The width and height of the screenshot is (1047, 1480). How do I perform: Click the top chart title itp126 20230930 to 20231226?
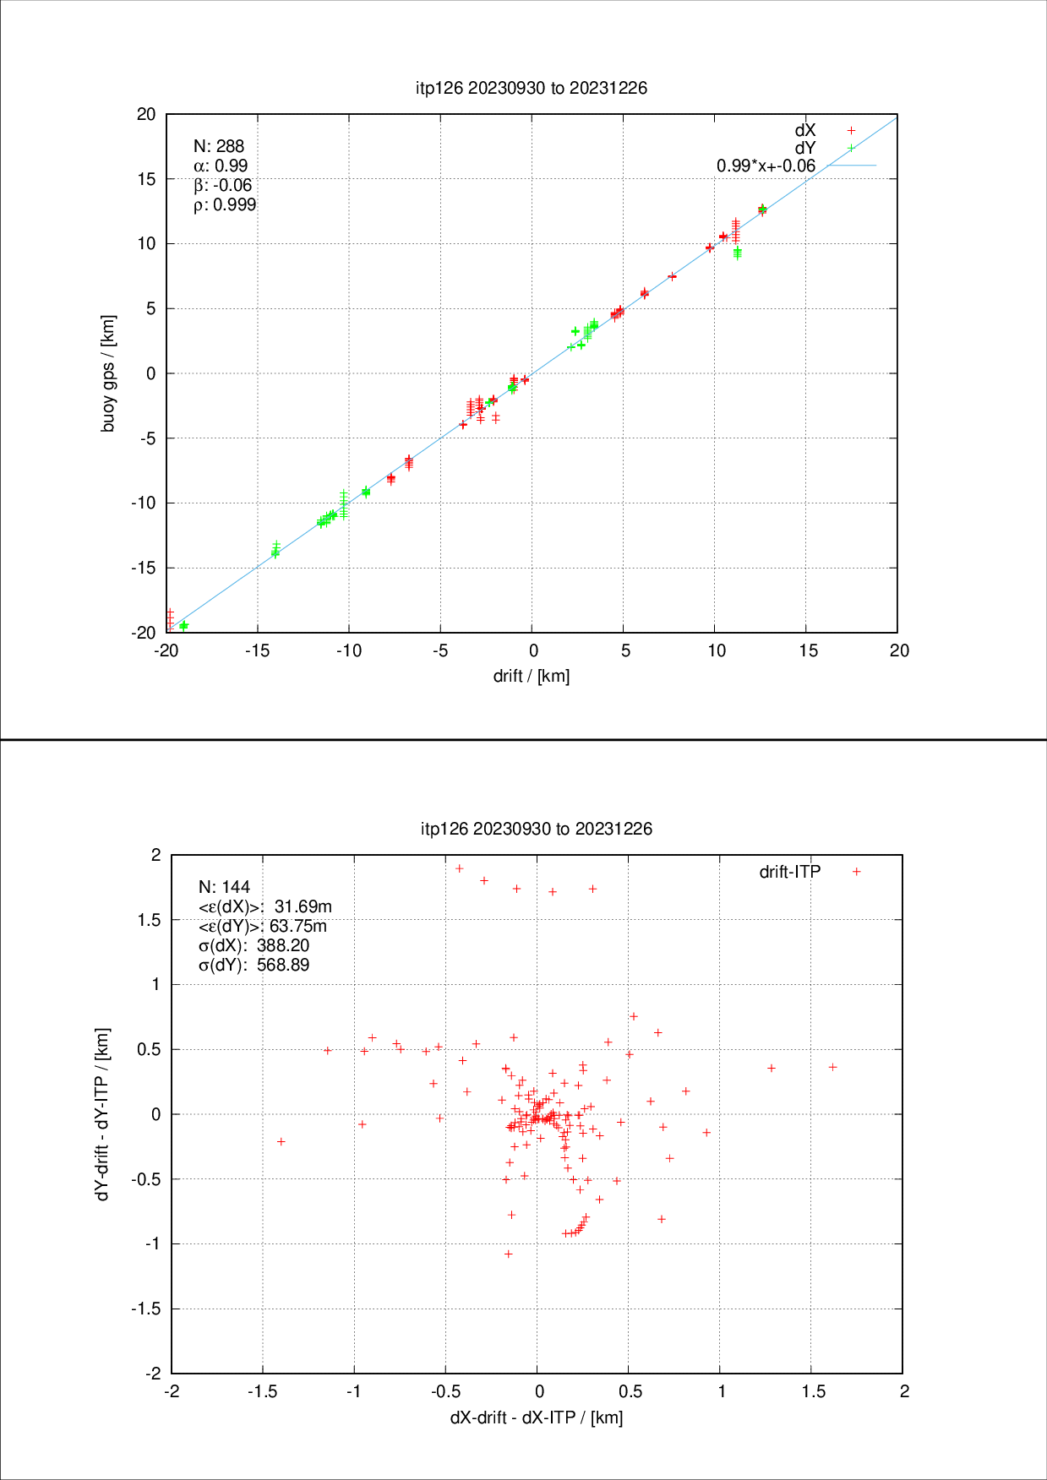tap(532, 88)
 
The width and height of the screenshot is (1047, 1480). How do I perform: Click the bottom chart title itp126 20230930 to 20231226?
tap(537, 829)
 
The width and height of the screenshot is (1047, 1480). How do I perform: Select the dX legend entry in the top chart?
tap(805, 130)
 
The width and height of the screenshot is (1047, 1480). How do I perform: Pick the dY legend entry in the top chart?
tap(805, 148)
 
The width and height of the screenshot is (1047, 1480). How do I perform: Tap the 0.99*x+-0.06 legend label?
tap(766, 166)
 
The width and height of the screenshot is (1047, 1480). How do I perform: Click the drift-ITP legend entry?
tap(790, 872)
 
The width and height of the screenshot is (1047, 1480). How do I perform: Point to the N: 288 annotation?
tap(219, 146)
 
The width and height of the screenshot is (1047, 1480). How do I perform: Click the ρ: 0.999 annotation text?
tap(225, 204)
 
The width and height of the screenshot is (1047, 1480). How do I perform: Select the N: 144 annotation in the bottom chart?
tap(224, 887)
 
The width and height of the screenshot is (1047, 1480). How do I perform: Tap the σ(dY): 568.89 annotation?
tap(254, 965)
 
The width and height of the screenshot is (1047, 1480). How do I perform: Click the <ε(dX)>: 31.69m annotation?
tap(264, 906)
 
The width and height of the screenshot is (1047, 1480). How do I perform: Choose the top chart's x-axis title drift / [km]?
tap(532, 676)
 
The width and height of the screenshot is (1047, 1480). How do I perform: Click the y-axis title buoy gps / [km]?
tap(108, 373)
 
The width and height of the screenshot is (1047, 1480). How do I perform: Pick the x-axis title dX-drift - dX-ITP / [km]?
tap(537, 1417)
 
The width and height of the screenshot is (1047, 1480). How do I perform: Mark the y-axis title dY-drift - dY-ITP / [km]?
tap(103, 1114)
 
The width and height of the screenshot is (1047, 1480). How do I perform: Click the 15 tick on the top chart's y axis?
tap(147, 179)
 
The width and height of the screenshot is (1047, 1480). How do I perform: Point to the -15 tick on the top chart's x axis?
tap(257, 650)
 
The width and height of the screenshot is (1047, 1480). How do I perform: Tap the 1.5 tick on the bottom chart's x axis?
tap(813, 1391)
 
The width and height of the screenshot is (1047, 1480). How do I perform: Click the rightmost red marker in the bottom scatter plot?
tap(832, 1067)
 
